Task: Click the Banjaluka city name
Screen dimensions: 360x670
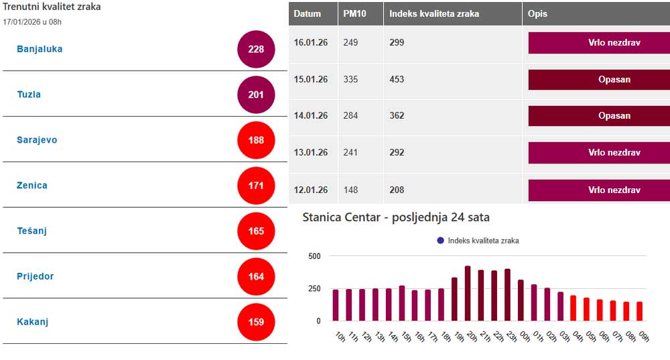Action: click(40, 49)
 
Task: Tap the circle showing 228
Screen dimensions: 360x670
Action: click(256, 49)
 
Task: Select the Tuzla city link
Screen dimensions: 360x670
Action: click(29, 95)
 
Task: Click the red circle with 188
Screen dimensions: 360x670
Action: click(256, 140)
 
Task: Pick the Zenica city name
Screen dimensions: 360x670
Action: click(32, 185)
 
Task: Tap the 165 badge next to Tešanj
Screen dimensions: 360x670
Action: click(256, 231)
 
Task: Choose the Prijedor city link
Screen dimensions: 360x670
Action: click(36, 276)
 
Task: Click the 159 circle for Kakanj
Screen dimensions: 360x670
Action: click(256, 322)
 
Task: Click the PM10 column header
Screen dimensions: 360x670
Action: click(354, 13)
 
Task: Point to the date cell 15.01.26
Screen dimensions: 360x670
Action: click(311, 79)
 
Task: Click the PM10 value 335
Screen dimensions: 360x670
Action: click(350, 79)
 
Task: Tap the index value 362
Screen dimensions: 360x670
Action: click(397, 115)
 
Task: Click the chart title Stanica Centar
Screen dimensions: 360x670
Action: click(396, 217)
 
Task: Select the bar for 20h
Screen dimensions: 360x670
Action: click(467, 294)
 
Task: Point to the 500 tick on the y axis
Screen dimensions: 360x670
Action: click(314, 256)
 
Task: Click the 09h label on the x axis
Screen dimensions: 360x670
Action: click(644, 337)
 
